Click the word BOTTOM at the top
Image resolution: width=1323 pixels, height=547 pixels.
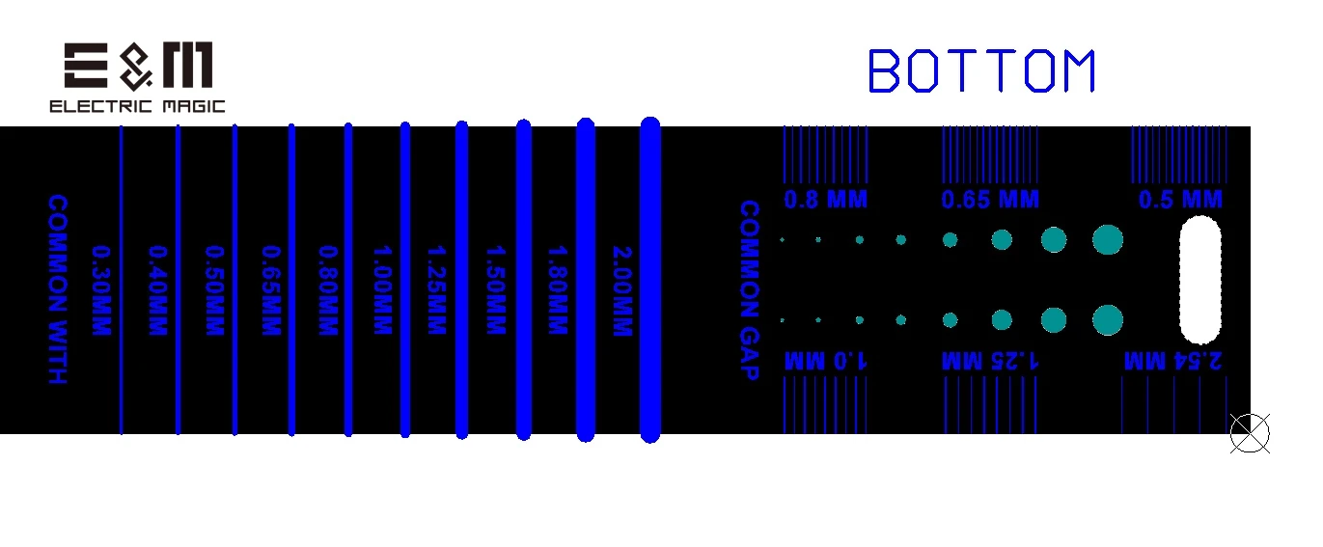(982, 71)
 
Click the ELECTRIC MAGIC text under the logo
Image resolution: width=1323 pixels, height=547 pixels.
(137, 106)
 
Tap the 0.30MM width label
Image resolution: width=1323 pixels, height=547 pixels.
(99, 290)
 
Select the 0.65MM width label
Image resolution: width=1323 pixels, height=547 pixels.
(270, 290)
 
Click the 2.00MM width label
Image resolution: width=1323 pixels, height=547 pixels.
(621, 290)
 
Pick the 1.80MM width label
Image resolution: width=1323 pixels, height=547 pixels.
(556, 290)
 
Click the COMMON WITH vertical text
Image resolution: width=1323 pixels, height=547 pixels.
(58, 289)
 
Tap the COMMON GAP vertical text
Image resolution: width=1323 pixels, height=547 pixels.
(749, 289)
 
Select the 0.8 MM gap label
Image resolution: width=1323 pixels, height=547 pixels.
(825, 201)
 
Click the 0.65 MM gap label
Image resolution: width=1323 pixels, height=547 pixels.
(990, 201)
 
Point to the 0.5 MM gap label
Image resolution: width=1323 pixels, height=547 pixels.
(1180, 201)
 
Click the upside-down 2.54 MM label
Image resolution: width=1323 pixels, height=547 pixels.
(1173, 361)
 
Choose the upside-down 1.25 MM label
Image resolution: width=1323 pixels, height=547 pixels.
(990, 361)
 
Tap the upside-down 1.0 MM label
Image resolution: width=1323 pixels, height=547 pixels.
(825, 361)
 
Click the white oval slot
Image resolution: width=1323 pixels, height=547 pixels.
(1200, 281)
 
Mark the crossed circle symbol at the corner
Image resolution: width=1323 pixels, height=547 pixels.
(1250, 433)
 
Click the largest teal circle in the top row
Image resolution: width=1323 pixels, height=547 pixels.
(1108, 239)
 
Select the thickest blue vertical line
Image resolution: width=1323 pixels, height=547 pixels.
(650, 280)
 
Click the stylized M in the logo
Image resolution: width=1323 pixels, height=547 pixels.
(188, 67)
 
